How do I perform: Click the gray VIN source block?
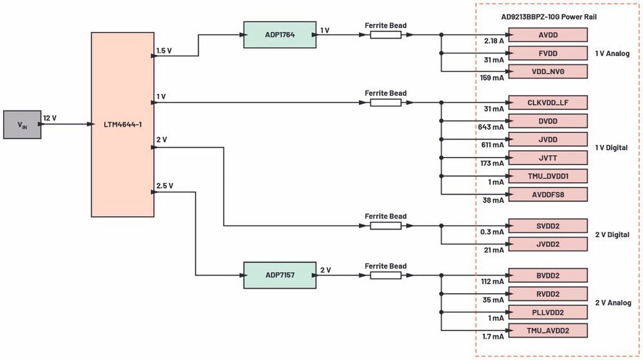22,125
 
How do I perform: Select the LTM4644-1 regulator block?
122,124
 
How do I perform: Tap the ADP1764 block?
280,35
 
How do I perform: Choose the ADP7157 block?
280,274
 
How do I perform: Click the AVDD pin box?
547,35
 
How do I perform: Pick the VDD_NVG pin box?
547,71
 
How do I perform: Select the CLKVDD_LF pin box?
547,102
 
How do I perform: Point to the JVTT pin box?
547,157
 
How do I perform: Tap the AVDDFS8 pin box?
547,194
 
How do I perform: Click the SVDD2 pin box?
547,226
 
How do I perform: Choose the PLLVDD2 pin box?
547,312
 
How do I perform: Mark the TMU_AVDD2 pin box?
547,330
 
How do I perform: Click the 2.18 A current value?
494,41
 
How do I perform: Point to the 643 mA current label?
492,127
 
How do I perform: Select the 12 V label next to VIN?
50,118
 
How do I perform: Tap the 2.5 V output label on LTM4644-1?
165,186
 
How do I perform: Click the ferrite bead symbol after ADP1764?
386,35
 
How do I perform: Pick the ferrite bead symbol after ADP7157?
386,275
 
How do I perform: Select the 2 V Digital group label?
611,235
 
